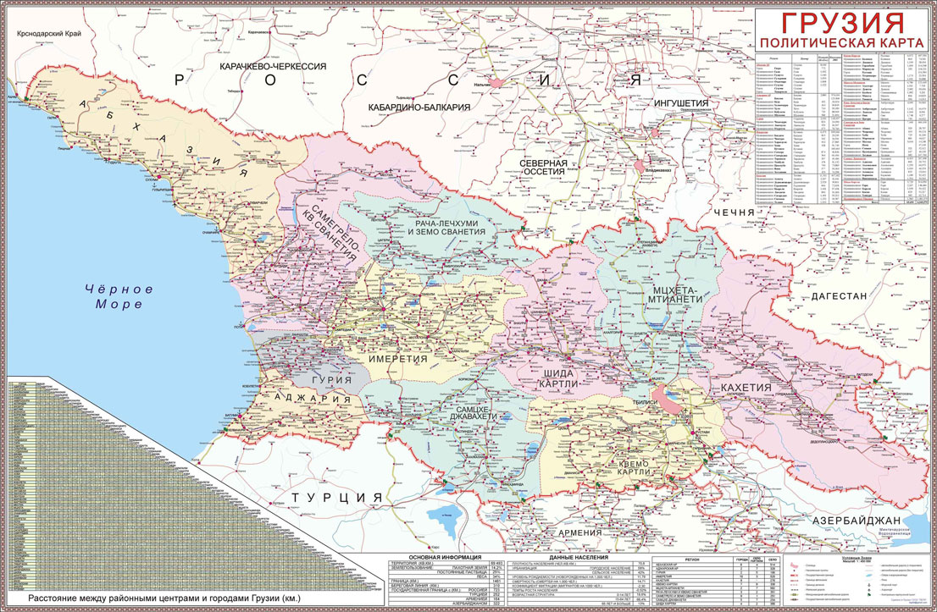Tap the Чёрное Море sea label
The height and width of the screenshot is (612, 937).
coord(119,296)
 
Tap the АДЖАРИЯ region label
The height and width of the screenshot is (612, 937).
coord(311,400)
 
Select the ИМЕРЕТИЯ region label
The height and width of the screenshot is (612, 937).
coord(397,360)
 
